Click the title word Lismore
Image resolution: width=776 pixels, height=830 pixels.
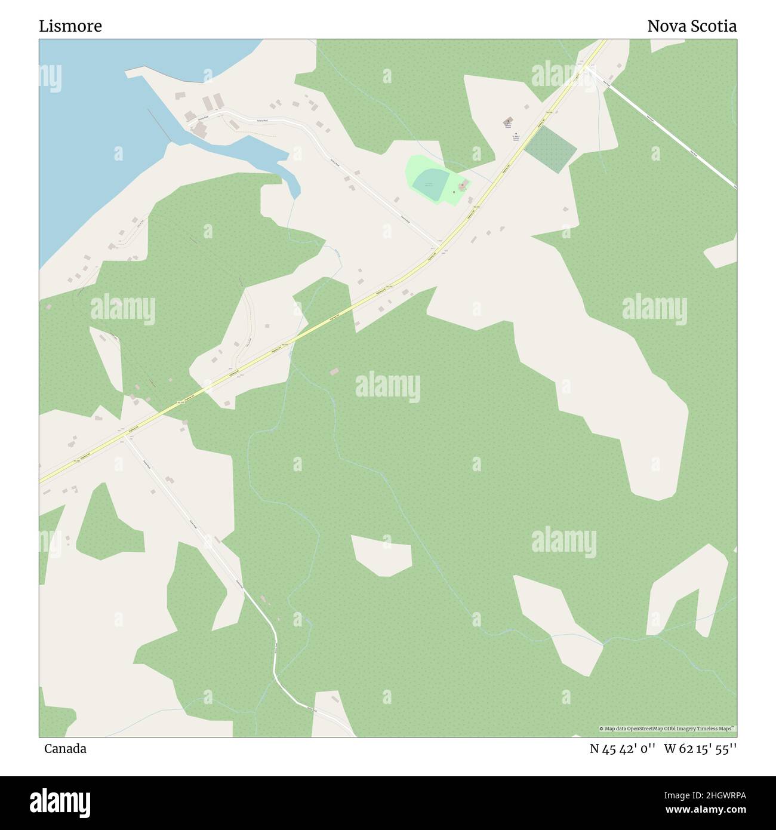click(70, 26)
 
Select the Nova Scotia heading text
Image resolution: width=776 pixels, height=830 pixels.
click(691, 26)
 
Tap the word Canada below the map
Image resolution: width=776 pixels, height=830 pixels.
click(65, 749)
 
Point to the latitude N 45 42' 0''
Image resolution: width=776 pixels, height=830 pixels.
click(623, 749)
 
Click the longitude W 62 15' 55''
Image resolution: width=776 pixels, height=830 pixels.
click(700, 749)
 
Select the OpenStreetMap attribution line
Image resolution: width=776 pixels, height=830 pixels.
click(667, 728)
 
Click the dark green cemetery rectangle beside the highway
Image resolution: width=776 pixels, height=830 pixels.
click(550, 148)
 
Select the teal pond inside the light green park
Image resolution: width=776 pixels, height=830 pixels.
click(429, 183)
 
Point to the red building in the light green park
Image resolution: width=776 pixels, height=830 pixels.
click(461, 186)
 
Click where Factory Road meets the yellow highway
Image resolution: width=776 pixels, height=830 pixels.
click(439, 247)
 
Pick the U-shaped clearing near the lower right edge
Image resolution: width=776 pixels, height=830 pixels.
click(686, 591)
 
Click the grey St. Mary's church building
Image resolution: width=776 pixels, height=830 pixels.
click(508, 121)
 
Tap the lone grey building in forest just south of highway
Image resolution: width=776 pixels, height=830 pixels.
click(334, 372)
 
